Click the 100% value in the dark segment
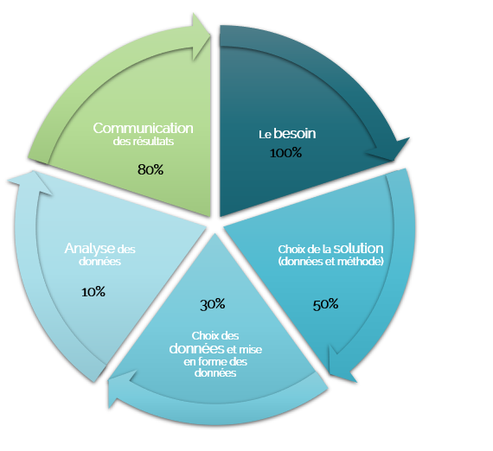pyautogui.click(x=285, y=153)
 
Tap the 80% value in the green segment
pyautogui.click(x=150, y=169)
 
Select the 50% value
pyautogui.click(x=325, y=304)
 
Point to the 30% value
pyautogui.click(x=213, y=304)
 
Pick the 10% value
pyautogui.click(x=93, y=292)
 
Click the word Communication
pyautogui.click(x=143, y=128)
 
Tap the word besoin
pyautogui.click(x=295, y=133)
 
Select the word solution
pyautogui.click(x=358, y=249)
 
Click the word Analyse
pyautogui.click(x=89, y=249)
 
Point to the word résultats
pyautogui.click(x=153, y=142)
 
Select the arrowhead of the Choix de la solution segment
pyautogui.click(x=342, y=365)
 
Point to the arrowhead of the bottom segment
pyautogui.click(x=122, y=388)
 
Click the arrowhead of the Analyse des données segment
pyautogui.click(x=31, y=183)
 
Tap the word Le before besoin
pyautogui.click(x=265, y=135)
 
